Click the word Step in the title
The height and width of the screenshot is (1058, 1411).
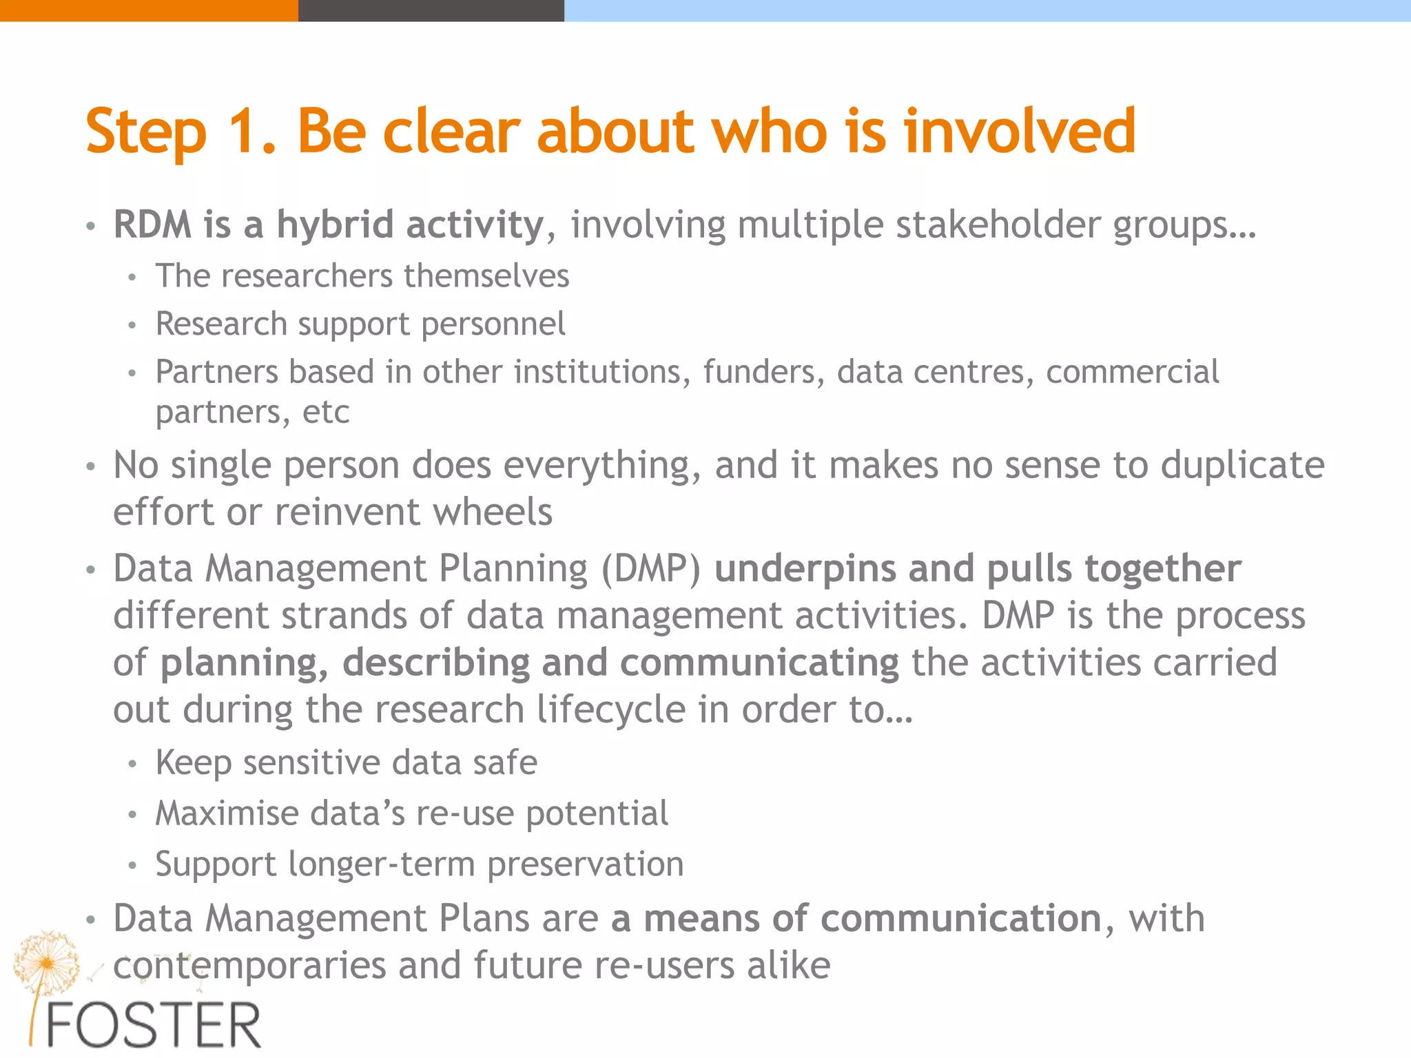pos(146,132)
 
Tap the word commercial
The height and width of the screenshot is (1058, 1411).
pos(1132,373)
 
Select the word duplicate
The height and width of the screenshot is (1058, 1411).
pos(1242,466)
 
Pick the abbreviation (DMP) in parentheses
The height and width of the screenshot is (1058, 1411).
pos(650,570)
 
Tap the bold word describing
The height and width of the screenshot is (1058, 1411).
pos(435,663)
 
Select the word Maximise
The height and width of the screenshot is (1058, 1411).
pos(227,813)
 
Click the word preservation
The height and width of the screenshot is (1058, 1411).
pos(585,864)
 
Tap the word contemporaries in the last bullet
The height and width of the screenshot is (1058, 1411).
pos(249,966)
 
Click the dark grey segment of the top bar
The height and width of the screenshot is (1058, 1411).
pos(431,10)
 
